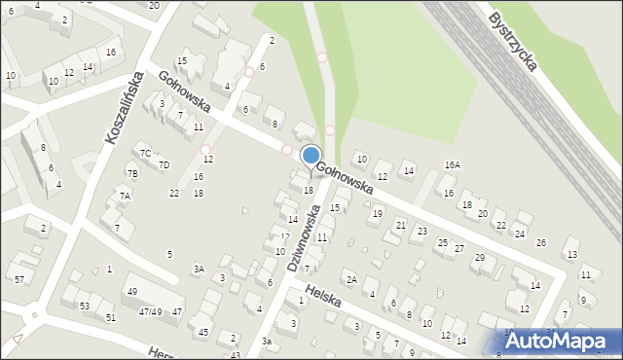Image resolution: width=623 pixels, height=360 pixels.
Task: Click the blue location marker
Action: [x=311, y=156]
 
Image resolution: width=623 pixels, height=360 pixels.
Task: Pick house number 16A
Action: [x=452, y=165]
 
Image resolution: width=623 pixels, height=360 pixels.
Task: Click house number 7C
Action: [x=144, y=153]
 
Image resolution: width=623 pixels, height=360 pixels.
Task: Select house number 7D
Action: [x=164, y=164]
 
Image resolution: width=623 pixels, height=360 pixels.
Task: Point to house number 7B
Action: [x=132, y=173]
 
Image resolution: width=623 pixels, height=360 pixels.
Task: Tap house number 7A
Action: [x=125, y=196]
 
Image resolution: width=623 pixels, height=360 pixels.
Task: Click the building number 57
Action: [x=19, y=280]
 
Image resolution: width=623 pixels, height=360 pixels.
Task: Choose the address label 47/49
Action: [x=150, y=311]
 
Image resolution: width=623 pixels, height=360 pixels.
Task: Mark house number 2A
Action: [x=351, y=280]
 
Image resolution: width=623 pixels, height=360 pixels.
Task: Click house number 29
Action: [x=479, y=257]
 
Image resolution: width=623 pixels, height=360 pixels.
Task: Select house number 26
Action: [x=541, y=242]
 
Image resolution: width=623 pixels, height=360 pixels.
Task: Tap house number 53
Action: [x=85, y=306]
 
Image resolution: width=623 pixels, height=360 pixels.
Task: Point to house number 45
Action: [x=203, y=333]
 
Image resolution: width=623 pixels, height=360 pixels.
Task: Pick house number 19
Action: [x=378, y=213]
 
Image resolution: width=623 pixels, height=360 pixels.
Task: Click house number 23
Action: [x=421, y=231]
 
